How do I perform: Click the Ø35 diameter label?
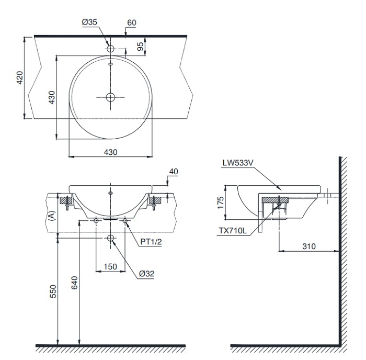pyautogui.click(x=88, y=23)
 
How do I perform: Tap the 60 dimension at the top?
pyautogui.click(x=131, y=23)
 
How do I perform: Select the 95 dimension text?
pyautogui.click(x=141, y=47)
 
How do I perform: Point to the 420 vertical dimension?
pyautogui.click(x=20, y=78)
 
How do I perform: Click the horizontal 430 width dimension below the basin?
pyautogui.click(x=110, y=152)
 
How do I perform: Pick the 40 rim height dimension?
pyautogui.click(x=174, y=172)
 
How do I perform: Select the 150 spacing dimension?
pyautogui.click(x=110, y=267)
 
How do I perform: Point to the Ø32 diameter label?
pyautogui.click(x=148, y=273)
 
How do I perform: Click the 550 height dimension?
pyautogui.click(x=52, y=292)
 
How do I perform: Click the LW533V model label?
pyautogui.click(x=237, y=163)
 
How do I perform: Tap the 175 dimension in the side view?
pyautogui.click(x=221, y=200)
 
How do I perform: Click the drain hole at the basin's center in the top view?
pyautogui.click(x=110, y=97)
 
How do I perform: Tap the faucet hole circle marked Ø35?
pyautogui.click(x=110, y=48)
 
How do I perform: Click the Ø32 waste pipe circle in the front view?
pyautogui.click(x=110, y=239)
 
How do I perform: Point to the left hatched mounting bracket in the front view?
pyautogui.click(x=66, y=199)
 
